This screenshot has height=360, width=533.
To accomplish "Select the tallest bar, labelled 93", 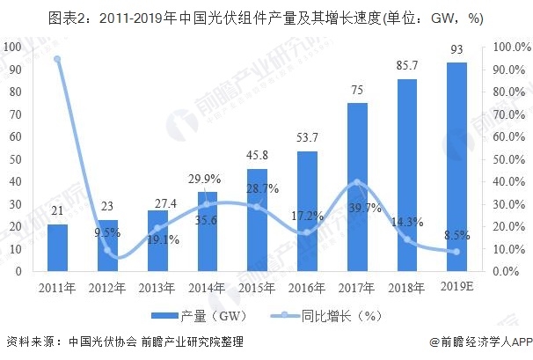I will pyautogui.click(x=456, y=167).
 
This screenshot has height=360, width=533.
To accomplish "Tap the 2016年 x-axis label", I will pyautogui.click(x=307, y=289).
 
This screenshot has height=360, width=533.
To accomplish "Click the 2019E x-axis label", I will pyautogui.click(x=457, y=288).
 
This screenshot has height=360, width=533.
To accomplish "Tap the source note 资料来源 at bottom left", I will pyautogui.click(x=124, y=342).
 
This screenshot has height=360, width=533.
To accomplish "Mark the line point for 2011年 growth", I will pyautogui.click(x=57, y=59).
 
